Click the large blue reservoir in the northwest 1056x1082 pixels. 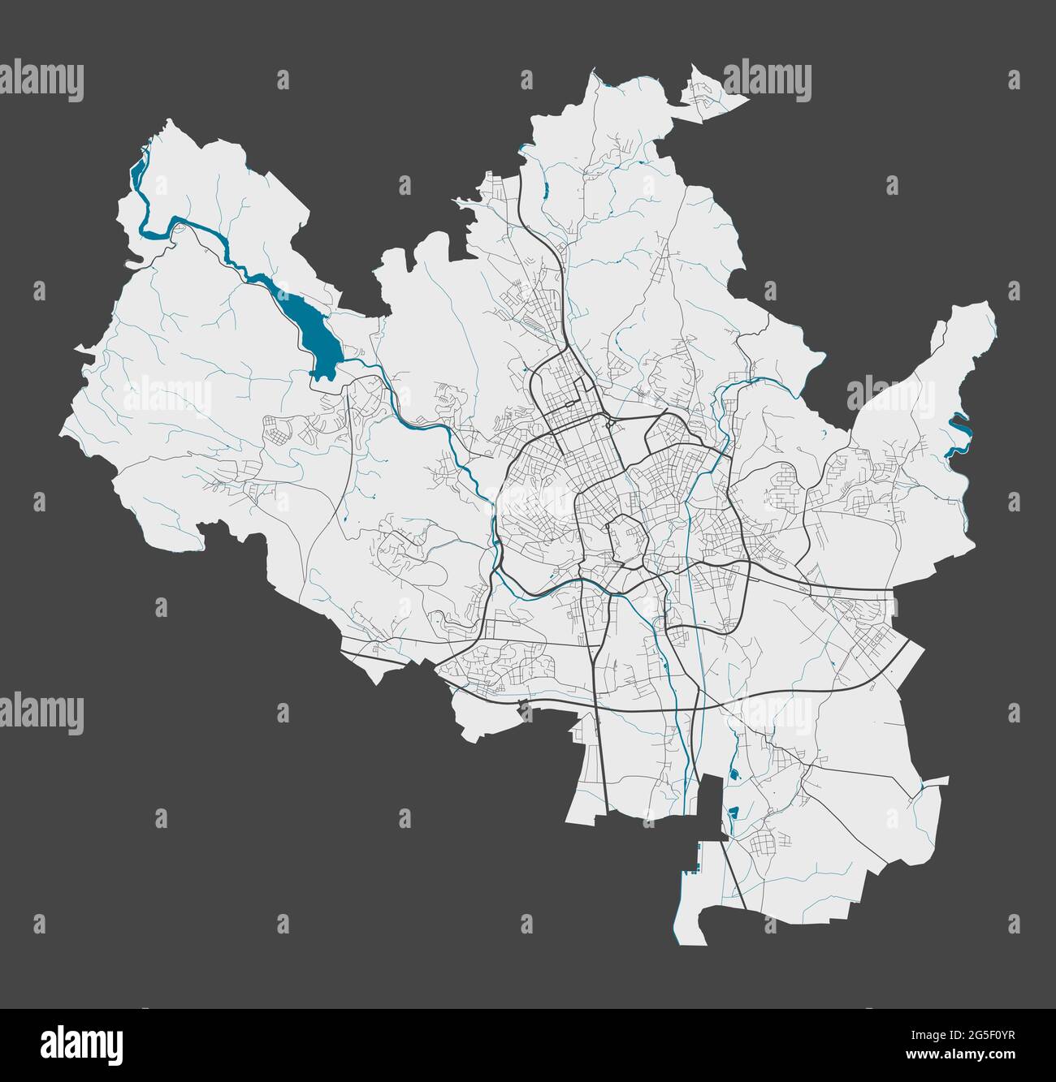coord(318,341)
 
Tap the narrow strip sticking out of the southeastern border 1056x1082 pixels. coord(934,782)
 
